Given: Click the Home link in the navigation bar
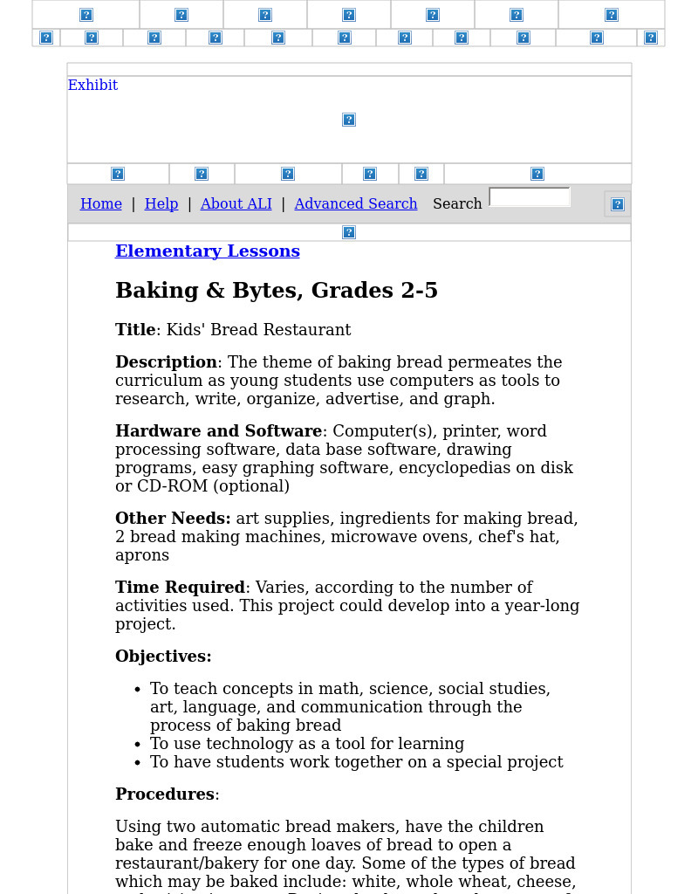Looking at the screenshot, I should click(101, 204).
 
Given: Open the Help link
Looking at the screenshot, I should click(161, 204).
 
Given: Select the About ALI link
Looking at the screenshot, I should click(236, 204).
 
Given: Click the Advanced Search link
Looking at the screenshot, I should click(355, 204).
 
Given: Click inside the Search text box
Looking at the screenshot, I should click(530, 198).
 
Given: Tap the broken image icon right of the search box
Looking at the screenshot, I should click(617, 204).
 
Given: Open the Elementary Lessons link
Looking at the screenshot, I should click(208, 251).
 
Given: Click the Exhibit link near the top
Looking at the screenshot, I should click(92, 86).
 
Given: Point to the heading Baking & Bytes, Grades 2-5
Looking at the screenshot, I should click(277, 291).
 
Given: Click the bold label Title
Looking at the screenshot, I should click(135, 330).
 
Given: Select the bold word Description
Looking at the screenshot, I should click(166, 362).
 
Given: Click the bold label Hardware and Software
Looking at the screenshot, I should click(218, 431).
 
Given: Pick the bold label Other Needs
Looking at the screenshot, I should click(173, 519).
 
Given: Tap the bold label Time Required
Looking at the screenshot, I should click(180, 588).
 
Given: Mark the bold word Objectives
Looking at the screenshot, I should click(163, 657).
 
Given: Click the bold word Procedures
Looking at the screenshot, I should click(165, 794).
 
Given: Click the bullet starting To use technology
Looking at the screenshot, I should click(307, 744).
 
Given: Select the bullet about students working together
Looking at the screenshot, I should click(356, 762).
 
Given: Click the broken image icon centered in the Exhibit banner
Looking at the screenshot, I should click(349, 120).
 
